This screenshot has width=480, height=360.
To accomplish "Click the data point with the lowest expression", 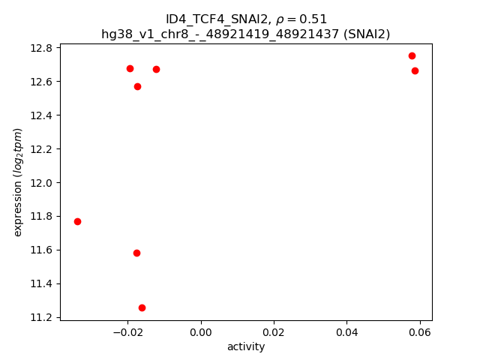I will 142,307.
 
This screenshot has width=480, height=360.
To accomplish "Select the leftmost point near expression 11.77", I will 77,221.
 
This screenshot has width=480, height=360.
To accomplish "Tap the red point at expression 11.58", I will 136,253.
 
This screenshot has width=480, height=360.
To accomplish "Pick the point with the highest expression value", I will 412,55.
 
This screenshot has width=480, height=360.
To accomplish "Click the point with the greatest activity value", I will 415,70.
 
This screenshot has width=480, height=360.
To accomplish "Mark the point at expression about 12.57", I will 137,86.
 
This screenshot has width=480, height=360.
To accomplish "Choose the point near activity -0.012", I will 156,69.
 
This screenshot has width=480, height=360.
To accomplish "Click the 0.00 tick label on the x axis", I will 201,331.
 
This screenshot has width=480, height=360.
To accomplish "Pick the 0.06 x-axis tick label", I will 420,331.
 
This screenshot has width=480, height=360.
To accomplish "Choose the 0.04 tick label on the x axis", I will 346,331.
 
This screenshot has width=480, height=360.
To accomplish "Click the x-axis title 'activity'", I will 246,346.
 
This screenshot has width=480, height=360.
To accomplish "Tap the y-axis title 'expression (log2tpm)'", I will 18,182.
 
